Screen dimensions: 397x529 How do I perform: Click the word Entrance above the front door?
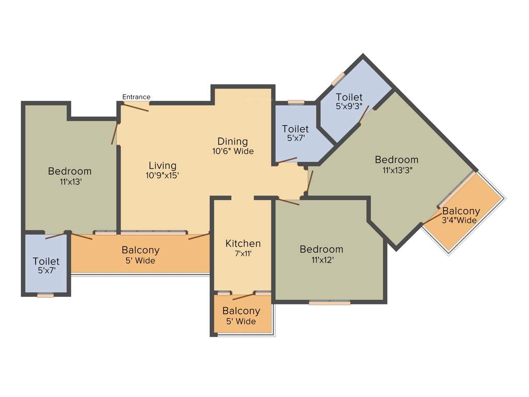pyautogui.click(x=136, y=97)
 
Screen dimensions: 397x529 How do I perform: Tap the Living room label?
pyautogui.click(x=162, y=165)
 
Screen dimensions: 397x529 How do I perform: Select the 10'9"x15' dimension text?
pyautogui.click(x=162, y=175)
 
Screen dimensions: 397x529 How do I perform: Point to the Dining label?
pyautogui.click(x=232, y=141)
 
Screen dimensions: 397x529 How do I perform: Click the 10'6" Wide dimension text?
pyautogui.click(x=232, y=151)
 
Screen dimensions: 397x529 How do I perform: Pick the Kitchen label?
pyautogui.click(x=243, y=243)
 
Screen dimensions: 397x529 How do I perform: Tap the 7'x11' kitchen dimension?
pyautogui.click(x=243, y=254)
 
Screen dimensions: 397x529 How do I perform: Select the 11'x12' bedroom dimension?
pyautogui.click(x=321, y=260)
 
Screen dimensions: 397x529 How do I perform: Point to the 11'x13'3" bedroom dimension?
pyautogui.click(x=397, y=170)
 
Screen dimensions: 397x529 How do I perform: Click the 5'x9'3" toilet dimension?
pyautogui.click(x=349, y=107)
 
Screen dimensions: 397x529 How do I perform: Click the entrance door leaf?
pyautogui.click(x=135, y=108)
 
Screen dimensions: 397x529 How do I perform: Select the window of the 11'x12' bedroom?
pyautogui.click(x=330, y=302)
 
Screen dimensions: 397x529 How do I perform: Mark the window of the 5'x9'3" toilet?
pyautogui.click(x=338, y=79)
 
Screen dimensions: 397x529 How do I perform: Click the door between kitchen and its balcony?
pyautogui.click(x=244, y=296)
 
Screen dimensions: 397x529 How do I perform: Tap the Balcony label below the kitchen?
pyautogui.click(x=241, y=311)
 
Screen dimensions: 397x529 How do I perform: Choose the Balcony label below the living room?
pyautogui.click(x=141, y=250)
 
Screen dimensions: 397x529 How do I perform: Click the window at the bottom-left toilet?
pyautogui.click(x=45, y=295)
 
